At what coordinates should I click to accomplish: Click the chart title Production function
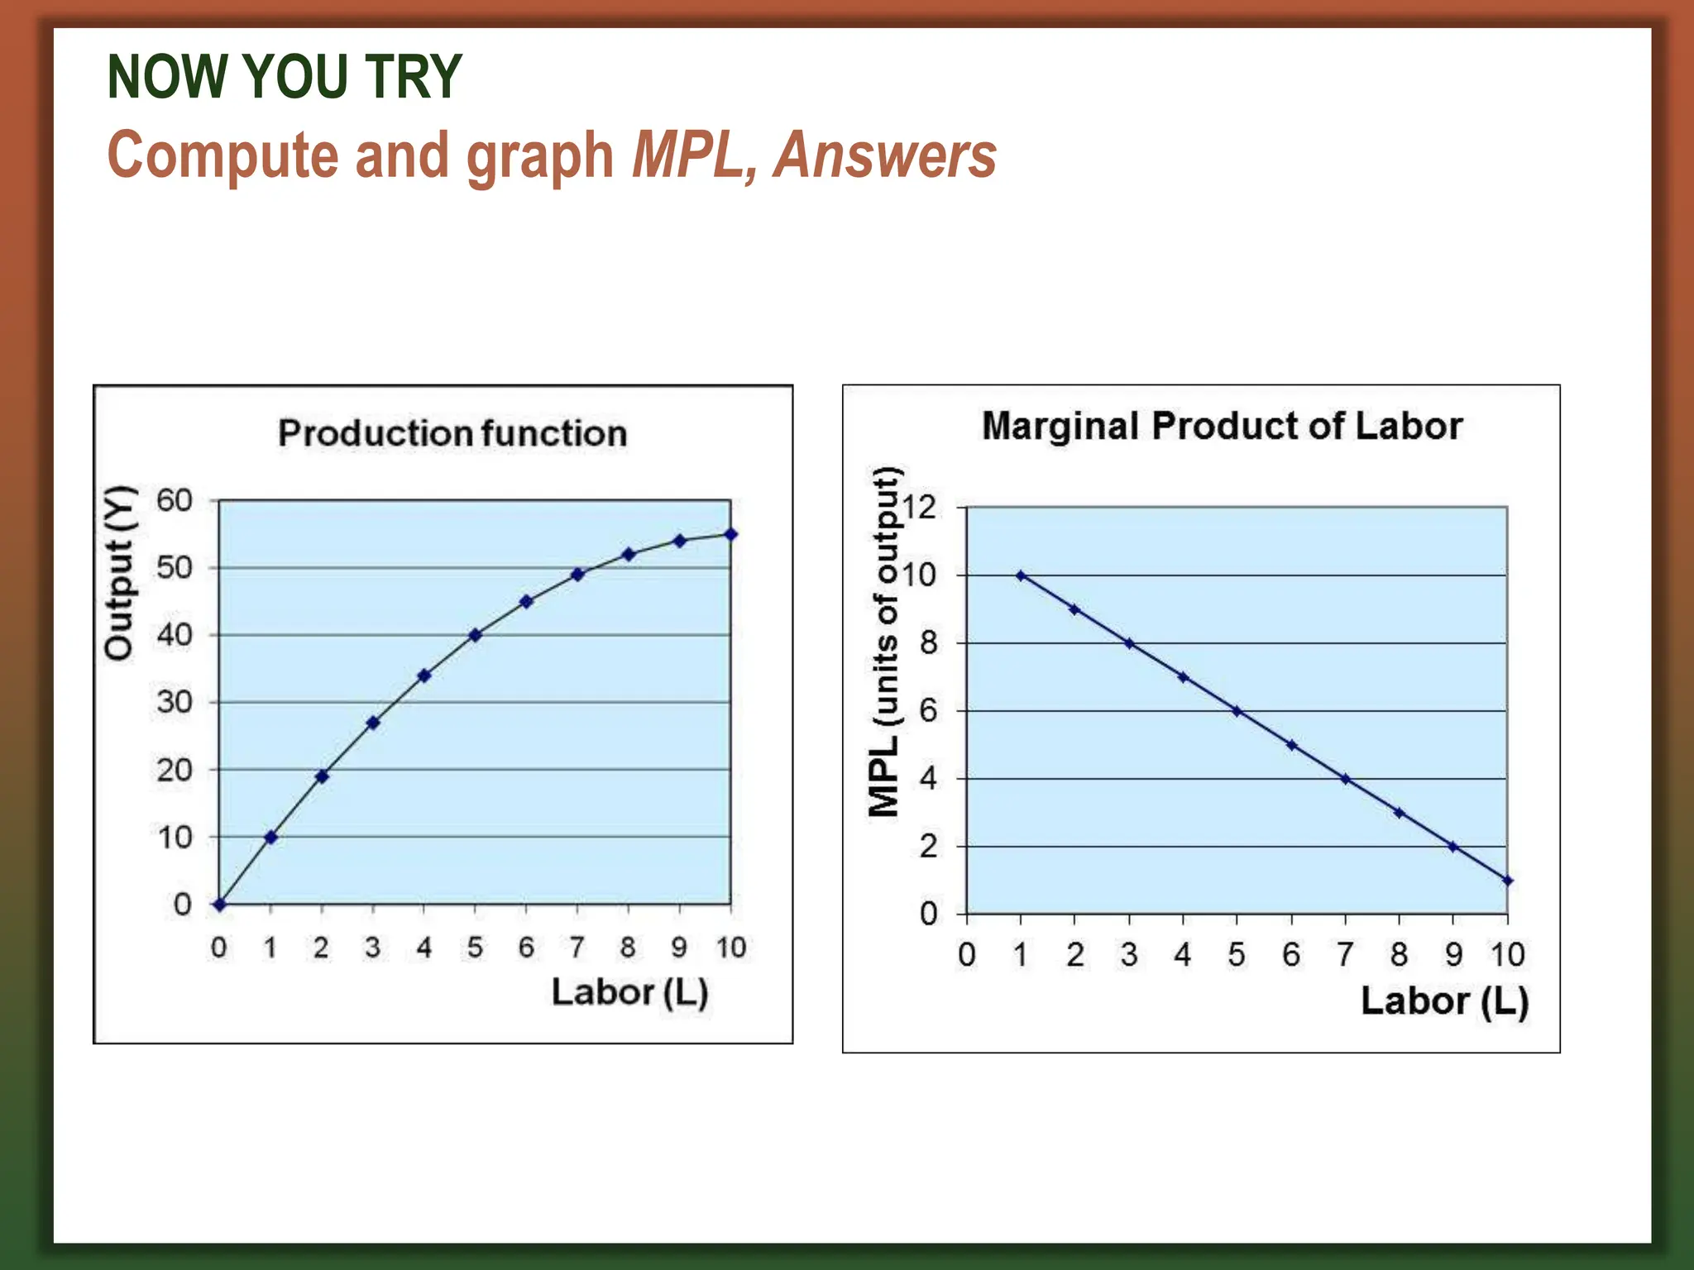click(x=452, y=433)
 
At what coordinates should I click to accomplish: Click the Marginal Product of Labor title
click(x=1222, y=426)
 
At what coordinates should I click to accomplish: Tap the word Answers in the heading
click(x=885, y=155)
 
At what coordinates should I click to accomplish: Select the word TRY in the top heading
click(x=413, y=77)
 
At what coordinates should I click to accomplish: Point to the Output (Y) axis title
click(x=119, y=573)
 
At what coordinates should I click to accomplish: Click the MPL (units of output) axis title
click(x=884, y=642)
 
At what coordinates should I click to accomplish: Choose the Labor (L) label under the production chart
click(x=629, y=992)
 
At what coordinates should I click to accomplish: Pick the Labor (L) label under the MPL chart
click(x=1444, y=1000)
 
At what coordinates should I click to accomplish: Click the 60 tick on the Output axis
click(x=175, y=500)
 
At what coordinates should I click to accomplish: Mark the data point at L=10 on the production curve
click(x=730, y=534)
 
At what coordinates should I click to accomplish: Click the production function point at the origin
click(x=219, y=905)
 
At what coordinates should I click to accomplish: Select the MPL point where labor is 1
click(x=1021, y=575)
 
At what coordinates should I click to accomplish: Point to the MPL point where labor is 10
click(x=1507, y=881)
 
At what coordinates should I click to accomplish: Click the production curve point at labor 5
click(x=475, y=635)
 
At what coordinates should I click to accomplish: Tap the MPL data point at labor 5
click(x=1237, y=711)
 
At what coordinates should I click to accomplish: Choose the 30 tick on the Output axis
click(x=175, y=702)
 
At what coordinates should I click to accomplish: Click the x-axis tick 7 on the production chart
click(x=577, y=948)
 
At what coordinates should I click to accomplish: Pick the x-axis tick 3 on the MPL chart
click(x=1129, y=955)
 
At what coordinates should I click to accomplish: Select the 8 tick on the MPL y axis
click(x=928, y=642)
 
